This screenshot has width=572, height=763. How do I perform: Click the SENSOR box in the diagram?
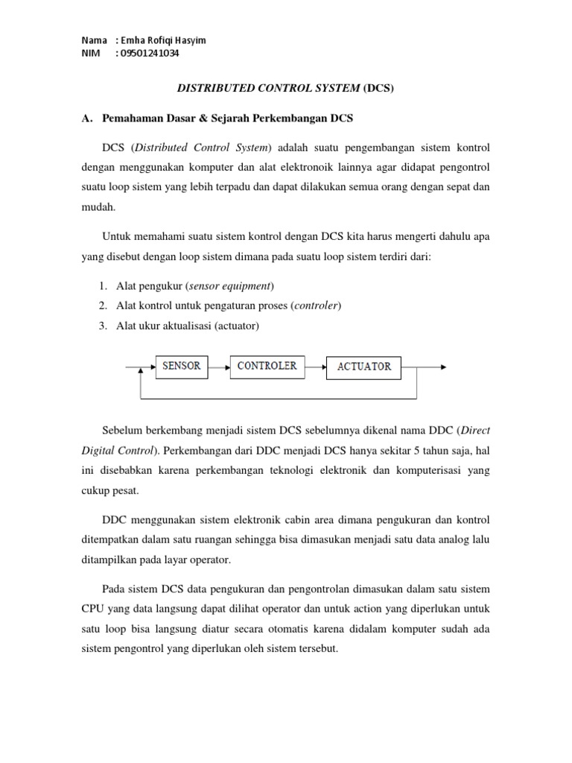pos(181,367)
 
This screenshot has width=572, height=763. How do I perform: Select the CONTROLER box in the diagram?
pos(267,367)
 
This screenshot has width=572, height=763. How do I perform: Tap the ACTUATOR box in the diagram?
pos(364,367)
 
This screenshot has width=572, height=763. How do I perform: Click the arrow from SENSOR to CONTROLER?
pos(219,367)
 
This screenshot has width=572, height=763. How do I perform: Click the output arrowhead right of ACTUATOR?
pos(443,367)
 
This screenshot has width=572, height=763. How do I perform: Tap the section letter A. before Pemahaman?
pos(86,118)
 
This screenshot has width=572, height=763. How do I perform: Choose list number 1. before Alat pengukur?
pos(103,286)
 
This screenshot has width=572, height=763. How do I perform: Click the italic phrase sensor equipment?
pos(232,286)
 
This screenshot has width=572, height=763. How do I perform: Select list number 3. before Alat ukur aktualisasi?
pos(103,325)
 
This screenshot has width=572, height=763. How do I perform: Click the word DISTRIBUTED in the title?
pos(212,89)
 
